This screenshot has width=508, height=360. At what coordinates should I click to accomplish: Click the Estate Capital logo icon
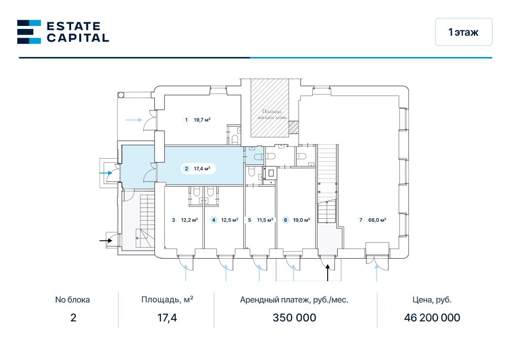coord(29,32)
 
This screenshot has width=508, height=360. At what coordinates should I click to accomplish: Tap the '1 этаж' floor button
coord(463,32)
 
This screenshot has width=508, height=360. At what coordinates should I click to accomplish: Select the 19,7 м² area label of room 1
coord(202,120)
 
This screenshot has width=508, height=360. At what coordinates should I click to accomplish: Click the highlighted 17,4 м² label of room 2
coord(202,169)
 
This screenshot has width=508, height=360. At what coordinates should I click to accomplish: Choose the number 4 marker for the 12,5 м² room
coord(214,220)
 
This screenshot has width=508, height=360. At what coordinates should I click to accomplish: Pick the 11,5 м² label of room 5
coord(265,220)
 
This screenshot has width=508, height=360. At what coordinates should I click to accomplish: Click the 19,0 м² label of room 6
coord(302,220)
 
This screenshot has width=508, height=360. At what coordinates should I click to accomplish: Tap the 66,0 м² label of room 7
coord(377,220)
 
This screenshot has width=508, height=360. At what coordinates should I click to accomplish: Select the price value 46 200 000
coord(432,318)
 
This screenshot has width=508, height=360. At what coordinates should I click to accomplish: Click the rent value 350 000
coord(294,318)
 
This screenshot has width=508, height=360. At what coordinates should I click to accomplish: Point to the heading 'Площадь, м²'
coord(167,299)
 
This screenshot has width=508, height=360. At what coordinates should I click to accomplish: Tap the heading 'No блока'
coord(73,299)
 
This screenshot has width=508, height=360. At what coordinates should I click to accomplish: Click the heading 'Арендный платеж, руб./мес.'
coord(294,299)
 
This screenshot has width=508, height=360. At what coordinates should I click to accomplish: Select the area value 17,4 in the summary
coord(167,318)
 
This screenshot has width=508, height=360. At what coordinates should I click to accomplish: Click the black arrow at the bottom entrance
coord(328,273)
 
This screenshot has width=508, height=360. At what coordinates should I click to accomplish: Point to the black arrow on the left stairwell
coord(106,239)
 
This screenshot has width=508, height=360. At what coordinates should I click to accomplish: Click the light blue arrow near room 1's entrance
coord(133,120)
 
